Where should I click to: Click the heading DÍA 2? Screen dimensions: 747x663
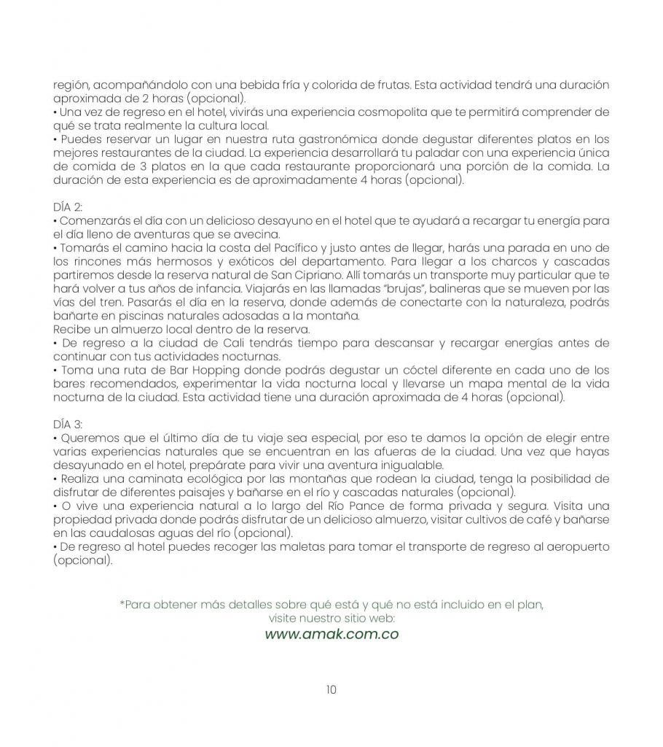(x=68, y=206)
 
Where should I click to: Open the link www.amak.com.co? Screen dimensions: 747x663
(x=331, y=634)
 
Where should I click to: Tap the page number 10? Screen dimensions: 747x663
(x=331, y=689)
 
